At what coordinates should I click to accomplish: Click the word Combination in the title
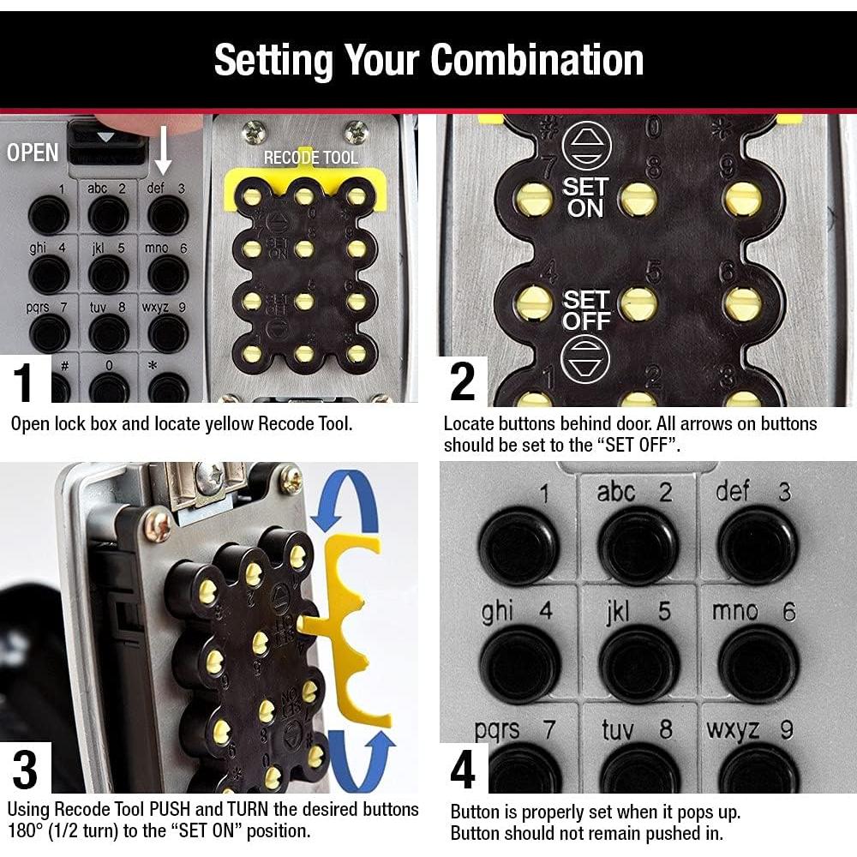pyautogui.click(x=537, y=60)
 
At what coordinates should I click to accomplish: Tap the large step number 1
pyautogui.click(x=23, y=382)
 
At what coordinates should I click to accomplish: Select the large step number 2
pyautogui.click(x=463, y=381)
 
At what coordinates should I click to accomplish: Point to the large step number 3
pyautogui.click(x=25, y=770)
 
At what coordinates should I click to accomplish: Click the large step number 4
pyautogui.click(x=463, y=770)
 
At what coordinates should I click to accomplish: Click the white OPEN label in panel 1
pyautogui.click(x=33, y=152)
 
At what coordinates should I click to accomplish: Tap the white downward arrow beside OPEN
pyautogui.click(x=163, y=150)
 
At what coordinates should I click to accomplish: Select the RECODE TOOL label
pyautogui.click(x=310, y=158)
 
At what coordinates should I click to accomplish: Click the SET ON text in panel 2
pyautogui.click(x=584, y=197)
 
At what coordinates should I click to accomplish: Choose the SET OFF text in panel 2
pyautogui.click(x=586, y=310)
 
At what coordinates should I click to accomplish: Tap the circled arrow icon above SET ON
pyautogui.click(x=586, y=146)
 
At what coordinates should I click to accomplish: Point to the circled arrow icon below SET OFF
pyautogui.click(x=585, y=359)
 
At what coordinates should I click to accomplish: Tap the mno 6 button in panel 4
pyautogui.click(x=758, y=664)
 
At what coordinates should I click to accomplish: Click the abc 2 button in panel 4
pyautogui.click(x=638, y=545)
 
